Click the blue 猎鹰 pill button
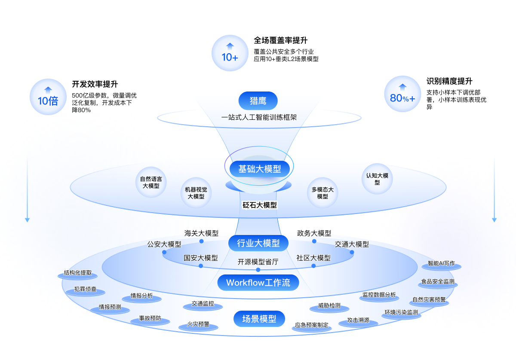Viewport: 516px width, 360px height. click(258, 101)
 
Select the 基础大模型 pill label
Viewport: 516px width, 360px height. click(260, 169)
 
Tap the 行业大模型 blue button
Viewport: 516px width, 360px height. click(258, 243)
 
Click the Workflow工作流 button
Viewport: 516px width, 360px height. click(258, 282)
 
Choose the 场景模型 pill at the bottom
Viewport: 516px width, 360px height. click(259, 319)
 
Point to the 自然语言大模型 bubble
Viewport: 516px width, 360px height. click(151, 182)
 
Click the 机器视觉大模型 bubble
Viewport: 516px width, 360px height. click(196, 193)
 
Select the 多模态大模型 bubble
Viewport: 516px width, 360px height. click(322, 193)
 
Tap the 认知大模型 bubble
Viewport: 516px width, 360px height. click(377, 179)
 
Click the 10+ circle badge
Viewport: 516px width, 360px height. click(230, 53)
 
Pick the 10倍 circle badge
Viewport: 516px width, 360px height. click(48, 97)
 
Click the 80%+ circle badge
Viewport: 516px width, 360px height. click(402, 94)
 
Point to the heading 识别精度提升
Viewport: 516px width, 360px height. click(449, 81)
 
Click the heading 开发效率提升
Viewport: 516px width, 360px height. click(95, 84)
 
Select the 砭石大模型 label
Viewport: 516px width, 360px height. click(260, 205)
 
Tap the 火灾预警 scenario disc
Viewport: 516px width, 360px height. click(198, 326)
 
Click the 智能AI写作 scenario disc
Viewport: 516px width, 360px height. click(441, 265)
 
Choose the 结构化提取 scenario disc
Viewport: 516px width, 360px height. click(78, 275)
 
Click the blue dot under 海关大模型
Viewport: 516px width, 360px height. click(201, 241)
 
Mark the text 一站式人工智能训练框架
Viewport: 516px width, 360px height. click(259, 117)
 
